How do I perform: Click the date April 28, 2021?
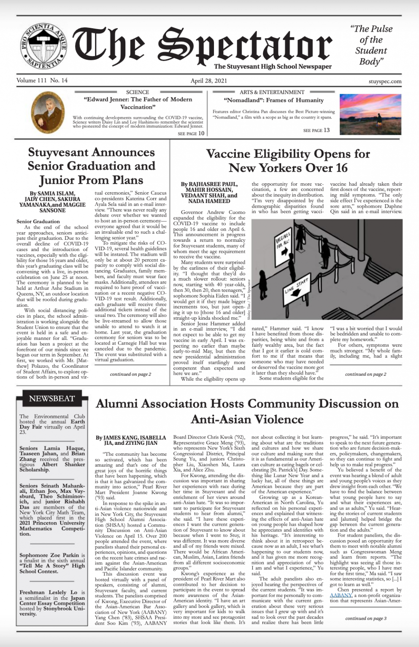tap(209, 81)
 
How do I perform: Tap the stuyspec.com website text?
tap(384, 81)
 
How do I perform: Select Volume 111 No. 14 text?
tap(42, 80)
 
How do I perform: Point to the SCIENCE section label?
tap(138, 92)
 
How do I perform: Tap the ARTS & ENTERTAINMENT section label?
tap(272, 92)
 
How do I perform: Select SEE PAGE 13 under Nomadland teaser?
tap(316, 130)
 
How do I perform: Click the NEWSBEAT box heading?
tap(52, 398)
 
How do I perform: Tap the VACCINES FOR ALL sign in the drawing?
tap(284, 240)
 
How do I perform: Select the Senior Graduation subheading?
tap(38, 221)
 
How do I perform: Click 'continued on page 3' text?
tap(365, 618)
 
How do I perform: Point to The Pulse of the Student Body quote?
tap(371, 45)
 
